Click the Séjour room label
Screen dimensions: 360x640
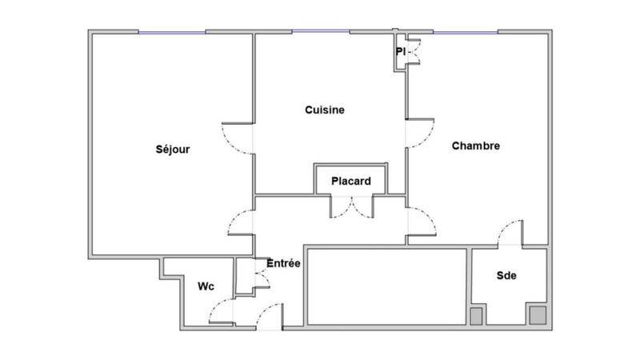[173, 149]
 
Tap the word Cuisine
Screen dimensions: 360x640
[325, 110]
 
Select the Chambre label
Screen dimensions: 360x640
[476, 146]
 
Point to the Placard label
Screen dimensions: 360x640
[351, 182]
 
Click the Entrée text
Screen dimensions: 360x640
[283, 263]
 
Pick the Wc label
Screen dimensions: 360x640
[206, 286]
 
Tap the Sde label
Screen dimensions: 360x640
[506, 276]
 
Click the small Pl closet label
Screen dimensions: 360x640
[400, 52]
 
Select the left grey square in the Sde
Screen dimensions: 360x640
[477, 316]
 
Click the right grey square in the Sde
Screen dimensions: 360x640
[535, 315]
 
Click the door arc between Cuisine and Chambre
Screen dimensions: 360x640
[422, 132]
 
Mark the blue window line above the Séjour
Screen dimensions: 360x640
[172, 31]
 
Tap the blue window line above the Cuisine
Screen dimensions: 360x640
[319, 31]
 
